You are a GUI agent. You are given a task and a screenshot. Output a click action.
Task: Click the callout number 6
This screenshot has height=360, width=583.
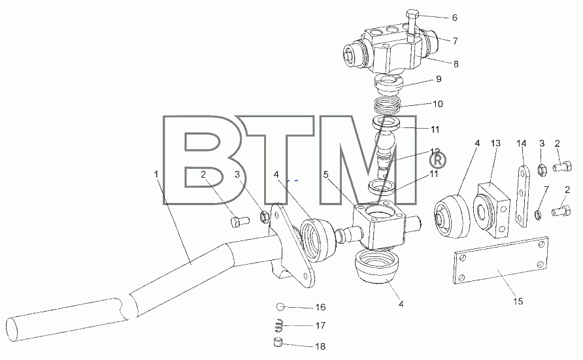point(455,18)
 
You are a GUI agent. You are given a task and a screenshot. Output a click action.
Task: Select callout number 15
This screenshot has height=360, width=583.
point(518,301)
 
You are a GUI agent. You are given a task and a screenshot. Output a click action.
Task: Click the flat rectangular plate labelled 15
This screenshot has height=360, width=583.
point(501,260)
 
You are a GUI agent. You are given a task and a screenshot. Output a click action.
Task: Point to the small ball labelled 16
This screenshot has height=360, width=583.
point(280,307)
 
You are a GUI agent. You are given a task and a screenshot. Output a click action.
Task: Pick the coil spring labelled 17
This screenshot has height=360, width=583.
point(279,326)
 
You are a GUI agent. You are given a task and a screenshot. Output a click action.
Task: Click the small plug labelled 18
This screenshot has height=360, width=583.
point(279,342)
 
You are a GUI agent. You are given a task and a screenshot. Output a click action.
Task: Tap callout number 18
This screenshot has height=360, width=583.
point(320,346)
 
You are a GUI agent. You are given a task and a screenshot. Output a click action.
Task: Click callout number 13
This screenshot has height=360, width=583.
point(495,143)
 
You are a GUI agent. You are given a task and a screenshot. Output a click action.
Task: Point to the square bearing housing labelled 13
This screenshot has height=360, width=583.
point(491,210)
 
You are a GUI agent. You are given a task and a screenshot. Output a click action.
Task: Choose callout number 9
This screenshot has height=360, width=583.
point(439,79)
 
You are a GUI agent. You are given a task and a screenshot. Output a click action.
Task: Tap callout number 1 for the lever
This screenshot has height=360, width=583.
point(156,174)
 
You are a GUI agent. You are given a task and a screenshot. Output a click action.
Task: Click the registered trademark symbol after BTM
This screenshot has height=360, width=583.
point(438,161)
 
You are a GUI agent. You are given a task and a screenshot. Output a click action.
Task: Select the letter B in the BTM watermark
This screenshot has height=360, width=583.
point(207,160)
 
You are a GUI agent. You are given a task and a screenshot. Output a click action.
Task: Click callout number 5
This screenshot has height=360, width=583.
point(325,174)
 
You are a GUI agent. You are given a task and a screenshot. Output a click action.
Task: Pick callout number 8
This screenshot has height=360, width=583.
point(456,64)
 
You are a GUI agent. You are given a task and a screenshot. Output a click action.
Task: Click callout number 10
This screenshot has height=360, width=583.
point(438,104)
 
